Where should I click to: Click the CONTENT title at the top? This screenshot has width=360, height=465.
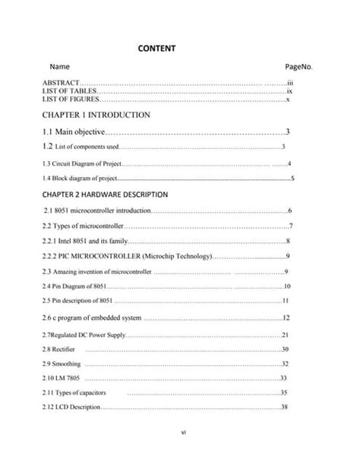coord(156,48)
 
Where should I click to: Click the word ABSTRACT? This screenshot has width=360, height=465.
coord(61,82)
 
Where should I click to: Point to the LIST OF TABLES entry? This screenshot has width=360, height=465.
coord(69,90)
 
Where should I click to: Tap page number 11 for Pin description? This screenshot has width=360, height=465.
coord(286,301)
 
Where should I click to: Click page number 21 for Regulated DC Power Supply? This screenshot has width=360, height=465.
coord(286,335)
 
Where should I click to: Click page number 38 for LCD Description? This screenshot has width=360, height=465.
coord(285,407)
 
